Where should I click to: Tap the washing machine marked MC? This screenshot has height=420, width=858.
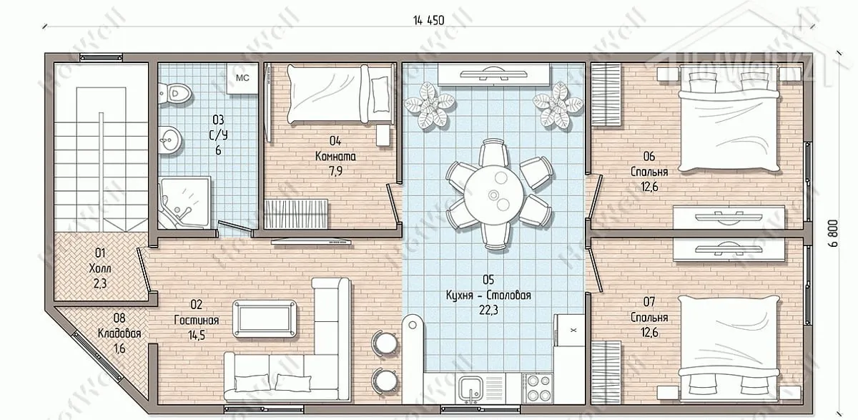coord(242,78)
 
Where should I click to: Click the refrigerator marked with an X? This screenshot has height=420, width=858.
coord(569,330)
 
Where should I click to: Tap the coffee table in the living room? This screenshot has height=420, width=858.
coord(265,319)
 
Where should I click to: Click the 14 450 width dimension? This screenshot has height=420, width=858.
coord(428,20)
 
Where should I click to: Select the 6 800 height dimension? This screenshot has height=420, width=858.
coord(834,233)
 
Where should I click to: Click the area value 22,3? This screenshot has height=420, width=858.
coord(488,310)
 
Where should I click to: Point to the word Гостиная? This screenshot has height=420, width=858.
coord(197,320)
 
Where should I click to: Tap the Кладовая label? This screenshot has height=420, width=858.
coord(119,333)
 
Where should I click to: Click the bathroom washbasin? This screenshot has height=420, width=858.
coord(169,140)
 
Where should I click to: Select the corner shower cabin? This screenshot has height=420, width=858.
coord(184,202)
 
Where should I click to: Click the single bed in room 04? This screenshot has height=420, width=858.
coord(340,94)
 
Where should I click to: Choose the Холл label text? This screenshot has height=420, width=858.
coord(100,268)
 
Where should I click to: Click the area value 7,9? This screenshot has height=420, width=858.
coord(335,171)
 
